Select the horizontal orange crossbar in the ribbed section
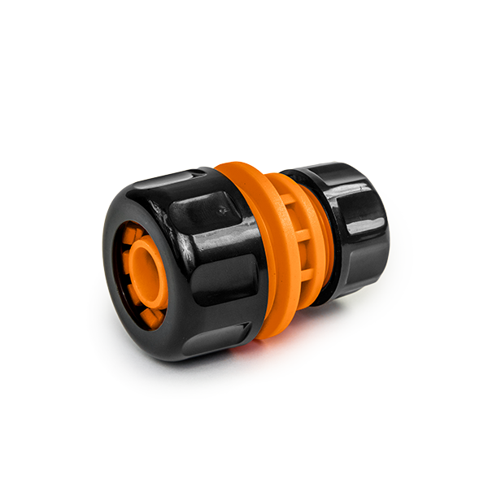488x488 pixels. click(x=302, y=236)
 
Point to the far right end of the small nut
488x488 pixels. click(x=385, y=236)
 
